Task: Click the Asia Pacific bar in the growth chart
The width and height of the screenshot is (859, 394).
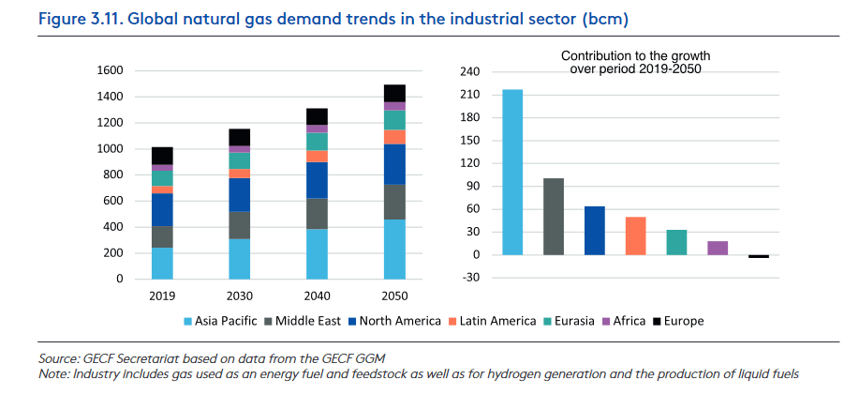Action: (x=512, y=172)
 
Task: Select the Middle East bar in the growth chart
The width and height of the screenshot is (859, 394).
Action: (x=554, y=217)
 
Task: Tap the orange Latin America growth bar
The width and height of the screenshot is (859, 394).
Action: (x=636, y=235)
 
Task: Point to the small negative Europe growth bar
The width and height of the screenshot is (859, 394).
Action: (x=759, y=256)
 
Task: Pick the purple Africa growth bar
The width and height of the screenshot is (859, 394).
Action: (x=718, y=248)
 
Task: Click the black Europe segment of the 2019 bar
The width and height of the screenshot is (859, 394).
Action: (x=162, y=156)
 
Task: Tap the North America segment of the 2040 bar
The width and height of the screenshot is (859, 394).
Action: (x=317, y=180)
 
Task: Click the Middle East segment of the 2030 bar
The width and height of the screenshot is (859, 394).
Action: (x=240, y=225)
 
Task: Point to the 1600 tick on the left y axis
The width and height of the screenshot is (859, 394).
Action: (x=110, y=70)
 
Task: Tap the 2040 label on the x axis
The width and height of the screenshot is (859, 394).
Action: (x=317, y=295)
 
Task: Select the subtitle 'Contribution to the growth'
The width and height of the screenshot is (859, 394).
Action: (x=635, y=56)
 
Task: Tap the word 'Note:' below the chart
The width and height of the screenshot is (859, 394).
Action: (x=54, y=374)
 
